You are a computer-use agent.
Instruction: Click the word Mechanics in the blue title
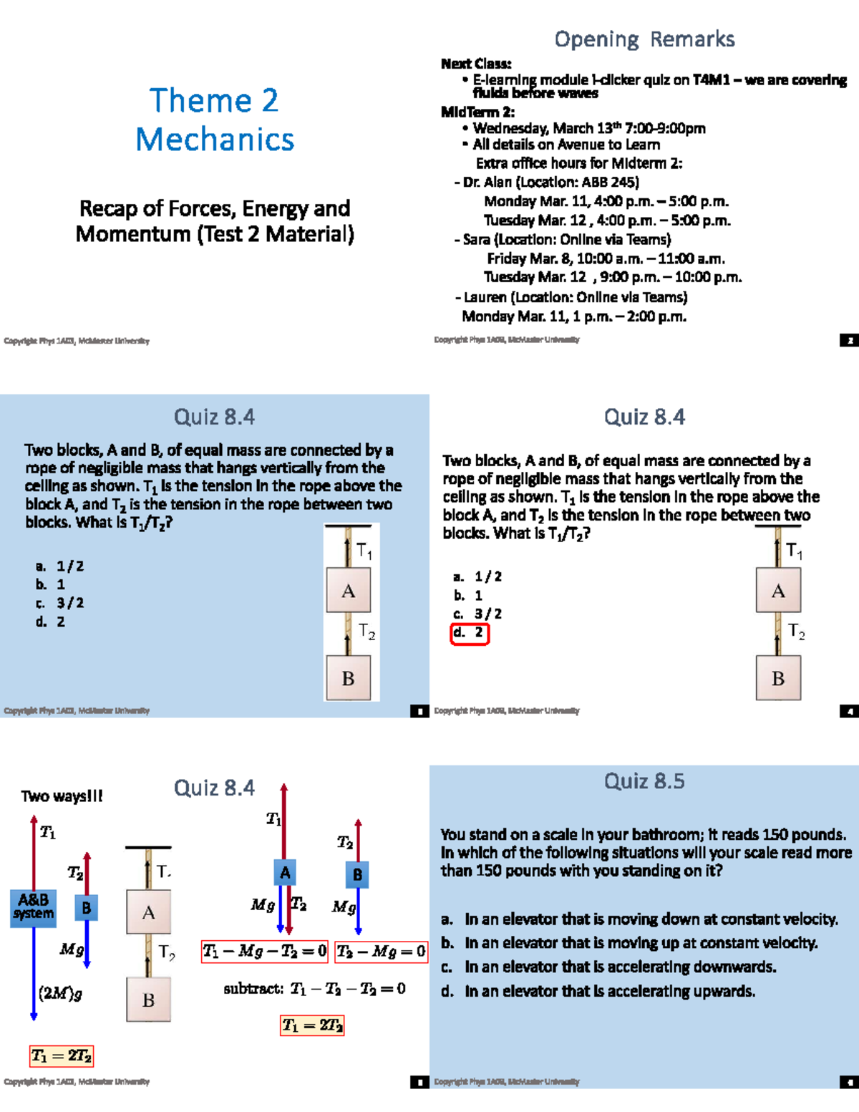(x=215, y=139)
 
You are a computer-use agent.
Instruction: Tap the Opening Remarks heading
(x=644, y=39)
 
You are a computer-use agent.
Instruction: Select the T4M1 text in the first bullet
(x=711, y=79)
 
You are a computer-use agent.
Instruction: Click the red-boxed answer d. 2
(x=470, y=633)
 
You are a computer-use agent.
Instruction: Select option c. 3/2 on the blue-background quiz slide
(x=60, y=603)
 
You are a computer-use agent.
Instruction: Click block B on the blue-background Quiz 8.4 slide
(x=349, y=678)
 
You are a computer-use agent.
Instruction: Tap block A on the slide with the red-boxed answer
(x=778, y=591)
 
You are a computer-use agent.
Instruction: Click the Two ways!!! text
(x=62, y=796)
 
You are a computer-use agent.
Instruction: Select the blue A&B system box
(x=33, y=908)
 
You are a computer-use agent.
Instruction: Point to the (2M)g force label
(x=60, y=994)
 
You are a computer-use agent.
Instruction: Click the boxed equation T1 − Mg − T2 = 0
(x=264, y=951)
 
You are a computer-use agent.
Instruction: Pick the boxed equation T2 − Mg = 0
(x=381, y=951)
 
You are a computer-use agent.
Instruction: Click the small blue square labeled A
(x=285, y=872)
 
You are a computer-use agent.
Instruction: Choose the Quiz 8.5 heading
(x=644, y=781)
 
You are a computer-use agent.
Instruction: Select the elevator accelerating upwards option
(x=608, y=991)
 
